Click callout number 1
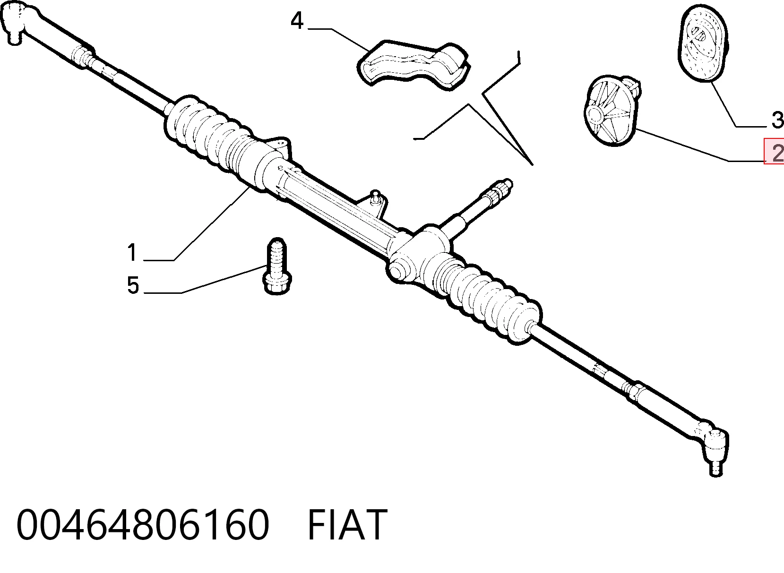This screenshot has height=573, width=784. click(132, 253)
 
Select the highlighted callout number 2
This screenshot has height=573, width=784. click(776, 152)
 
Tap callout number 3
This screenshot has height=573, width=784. click(777, 120)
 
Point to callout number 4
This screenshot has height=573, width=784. click(297, 20)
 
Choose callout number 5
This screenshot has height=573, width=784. click(133, 285)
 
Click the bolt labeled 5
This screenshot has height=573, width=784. click(277, 266)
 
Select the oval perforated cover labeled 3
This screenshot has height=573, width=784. click(703, 43)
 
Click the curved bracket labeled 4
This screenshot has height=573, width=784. click(413, 65)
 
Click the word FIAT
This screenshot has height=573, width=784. click(347, 524)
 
